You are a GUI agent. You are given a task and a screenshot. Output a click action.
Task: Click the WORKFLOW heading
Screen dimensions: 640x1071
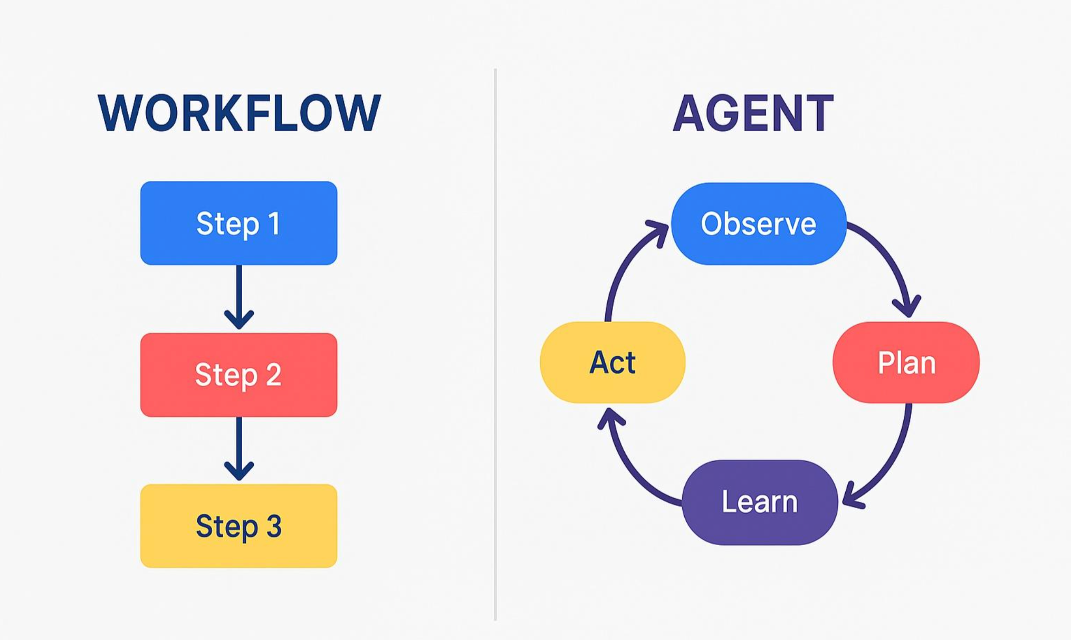[238, 113]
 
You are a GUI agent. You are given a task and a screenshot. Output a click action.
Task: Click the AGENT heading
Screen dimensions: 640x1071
[753, 114]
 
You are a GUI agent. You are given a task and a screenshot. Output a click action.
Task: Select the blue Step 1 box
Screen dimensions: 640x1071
[238, 223]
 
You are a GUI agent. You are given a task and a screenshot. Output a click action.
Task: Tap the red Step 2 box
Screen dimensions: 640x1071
[238, 374]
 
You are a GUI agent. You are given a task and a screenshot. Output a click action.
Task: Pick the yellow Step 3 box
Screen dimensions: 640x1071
[238, 526]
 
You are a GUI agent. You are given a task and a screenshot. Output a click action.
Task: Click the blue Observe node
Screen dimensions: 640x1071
[758, 224]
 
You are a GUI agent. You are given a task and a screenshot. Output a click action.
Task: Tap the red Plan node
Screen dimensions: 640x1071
[906, 363]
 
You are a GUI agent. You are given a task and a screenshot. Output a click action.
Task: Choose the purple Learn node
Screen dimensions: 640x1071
[759, 501]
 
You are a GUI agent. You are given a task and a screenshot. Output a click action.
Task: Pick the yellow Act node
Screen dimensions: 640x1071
[612, 362]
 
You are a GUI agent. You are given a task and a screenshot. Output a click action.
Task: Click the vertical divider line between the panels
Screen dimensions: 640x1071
[495, 343]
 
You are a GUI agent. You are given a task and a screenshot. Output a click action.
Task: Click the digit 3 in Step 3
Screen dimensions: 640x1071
[274, 526]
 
